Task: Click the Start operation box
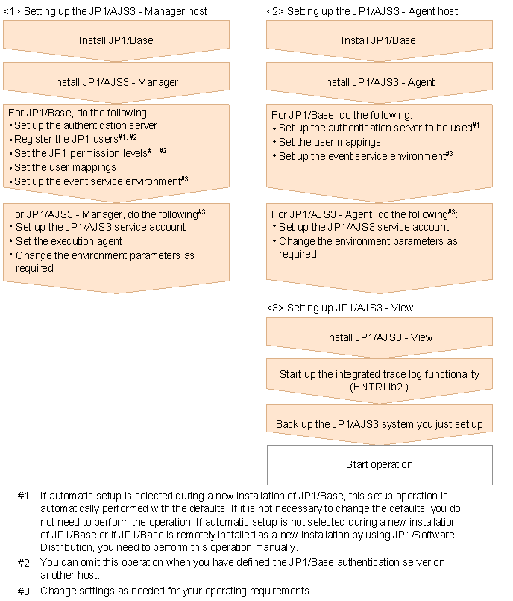[380, 464]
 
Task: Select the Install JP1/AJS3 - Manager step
[116, 82]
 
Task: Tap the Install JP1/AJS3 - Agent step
[379, 82]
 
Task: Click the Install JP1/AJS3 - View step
[379, 337]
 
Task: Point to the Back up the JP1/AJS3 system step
[379, 424]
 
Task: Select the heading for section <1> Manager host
[105, 11]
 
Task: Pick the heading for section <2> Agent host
[362, 11]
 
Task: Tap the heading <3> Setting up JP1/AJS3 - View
[339, 308]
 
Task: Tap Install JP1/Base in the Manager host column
[116, 40]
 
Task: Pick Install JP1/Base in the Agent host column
[379, 40]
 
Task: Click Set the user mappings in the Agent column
[330, 142]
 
